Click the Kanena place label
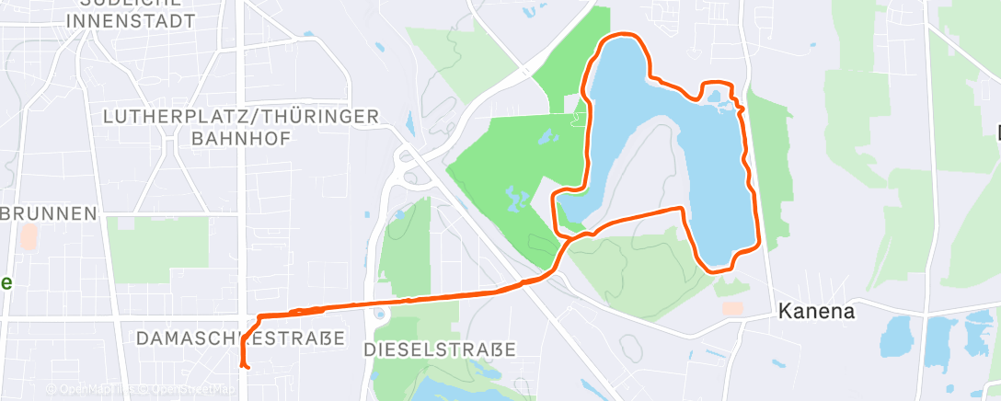(x=816, y=311)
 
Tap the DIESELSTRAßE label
(x=440, y=349)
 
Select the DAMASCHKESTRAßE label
(x=240, y=338)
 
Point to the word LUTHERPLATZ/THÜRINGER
(x=242, y=117)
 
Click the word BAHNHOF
(x=241, y=138)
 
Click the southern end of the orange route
(x=245, y=367)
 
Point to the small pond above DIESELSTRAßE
(x=381, y=315)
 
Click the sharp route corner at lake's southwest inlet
(x=555, y=195)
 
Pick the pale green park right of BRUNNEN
(x=157, y=248)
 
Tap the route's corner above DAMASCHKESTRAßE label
(x=260, y=317)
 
